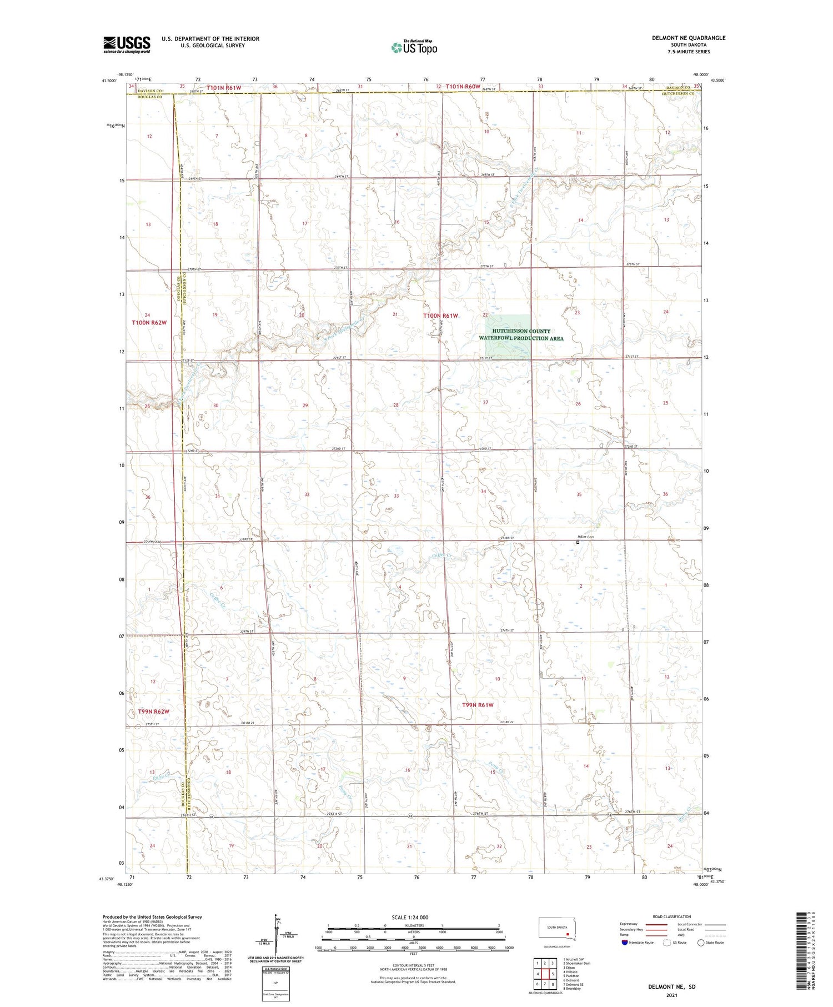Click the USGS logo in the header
point(127,44)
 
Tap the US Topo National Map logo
point(414,48)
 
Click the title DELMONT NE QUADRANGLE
point(688,38)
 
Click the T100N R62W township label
point(149,323)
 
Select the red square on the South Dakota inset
point(567,934)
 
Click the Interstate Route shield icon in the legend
point(625,942)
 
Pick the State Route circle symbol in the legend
point(701,942)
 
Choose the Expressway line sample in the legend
point(656,925)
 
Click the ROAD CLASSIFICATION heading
point(672,916)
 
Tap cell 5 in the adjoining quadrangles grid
point(553,974)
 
